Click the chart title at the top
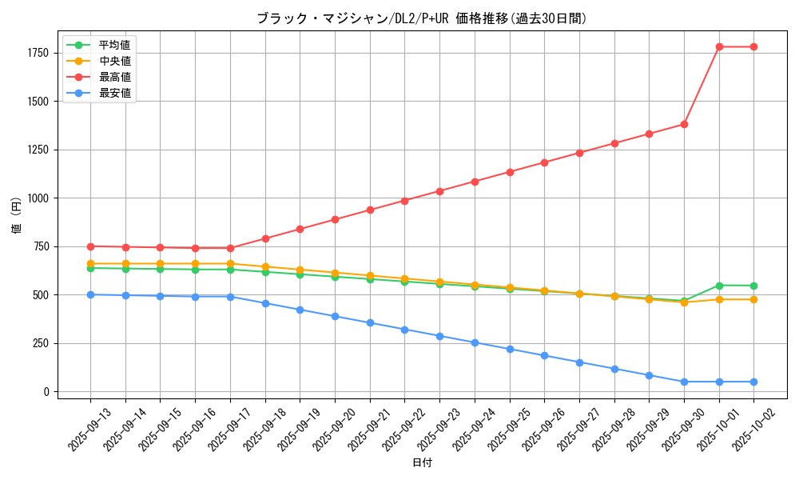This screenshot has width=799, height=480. (422, 18)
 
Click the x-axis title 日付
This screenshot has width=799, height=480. (422, 463)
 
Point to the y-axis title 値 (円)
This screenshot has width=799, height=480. (17, 215)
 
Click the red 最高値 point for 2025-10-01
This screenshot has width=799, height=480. (719, 46)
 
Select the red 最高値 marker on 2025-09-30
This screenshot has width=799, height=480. (684, 124)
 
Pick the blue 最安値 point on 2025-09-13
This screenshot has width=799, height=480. (90, 294)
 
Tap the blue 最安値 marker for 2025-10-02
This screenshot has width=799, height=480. (754, 382)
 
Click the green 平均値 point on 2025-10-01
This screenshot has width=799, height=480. (719, 286)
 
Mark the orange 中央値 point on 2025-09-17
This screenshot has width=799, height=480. (230, 263)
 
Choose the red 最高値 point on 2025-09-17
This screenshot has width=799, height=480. (230, 248)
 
